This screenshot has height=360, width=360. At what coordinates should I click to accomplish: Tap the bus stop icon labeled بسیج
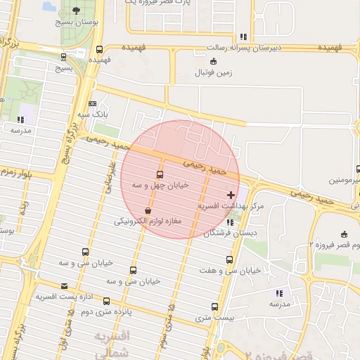[x=65, y=57]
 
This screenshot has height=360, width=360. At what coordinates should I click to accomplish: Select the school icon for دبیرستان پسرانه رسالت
[x=243, y=37]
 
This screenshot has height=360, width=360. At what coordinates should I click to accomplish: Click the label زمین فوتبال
[x=212, y=72]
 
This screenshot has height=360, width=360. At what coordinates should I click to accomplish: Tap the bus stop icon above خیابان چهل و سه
[x=160, y=174]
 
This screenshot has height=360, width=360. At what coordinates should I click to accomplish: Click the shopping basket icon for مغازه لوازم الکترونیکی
[x=148, y=210]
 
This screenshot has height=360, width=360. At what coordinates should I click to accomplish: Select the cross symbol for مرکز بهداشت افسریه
[x=231, y=194]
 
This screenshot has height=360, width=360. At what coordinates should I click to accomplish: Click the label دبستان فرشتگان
[x=231, y=233]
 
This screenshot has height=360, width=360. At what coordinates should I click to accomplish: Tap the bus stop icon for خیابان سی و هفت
[x=229, y=259]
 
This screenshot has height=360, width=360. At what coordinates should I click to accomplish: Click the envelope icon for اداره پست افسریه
[x=65, y=285]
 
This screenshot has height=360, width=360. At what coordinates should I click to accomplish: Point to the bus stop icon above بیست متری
[x=215, y=307]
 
